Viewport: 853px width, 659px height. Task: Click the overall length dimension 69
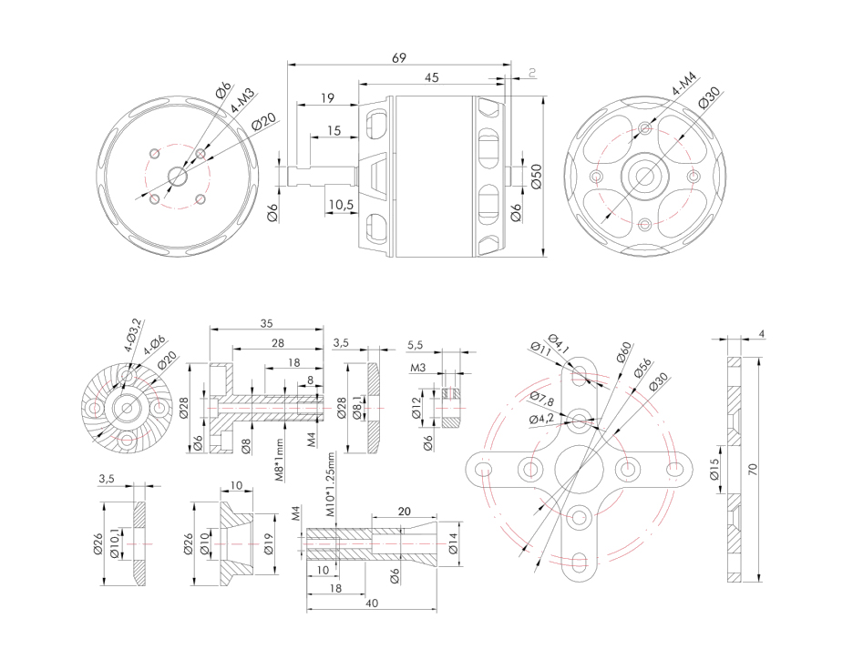tap(398, 57)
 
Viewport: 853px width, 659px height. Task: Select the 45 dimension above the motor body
tap(432, 78)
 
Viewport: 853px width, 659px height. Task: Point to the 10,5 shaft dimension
tap(341, 205)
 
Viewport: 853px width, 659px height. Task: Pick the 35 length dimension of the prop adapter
tap(266, 323)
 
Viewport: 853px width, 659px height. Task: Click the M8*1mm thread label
tap(280, 461)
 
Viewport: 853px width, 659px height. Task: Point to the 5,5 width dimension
tap(416, 345)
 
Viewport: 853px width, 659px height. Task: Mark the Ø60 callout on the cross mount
tap(623, 351)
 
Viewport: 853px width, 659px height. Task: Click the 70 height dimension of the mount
tap(753, 468)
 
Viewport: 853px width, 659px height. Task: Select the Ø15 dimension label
tap(714, 471)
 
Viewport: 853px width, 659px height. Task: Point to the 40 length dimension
tap(371, 603)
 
